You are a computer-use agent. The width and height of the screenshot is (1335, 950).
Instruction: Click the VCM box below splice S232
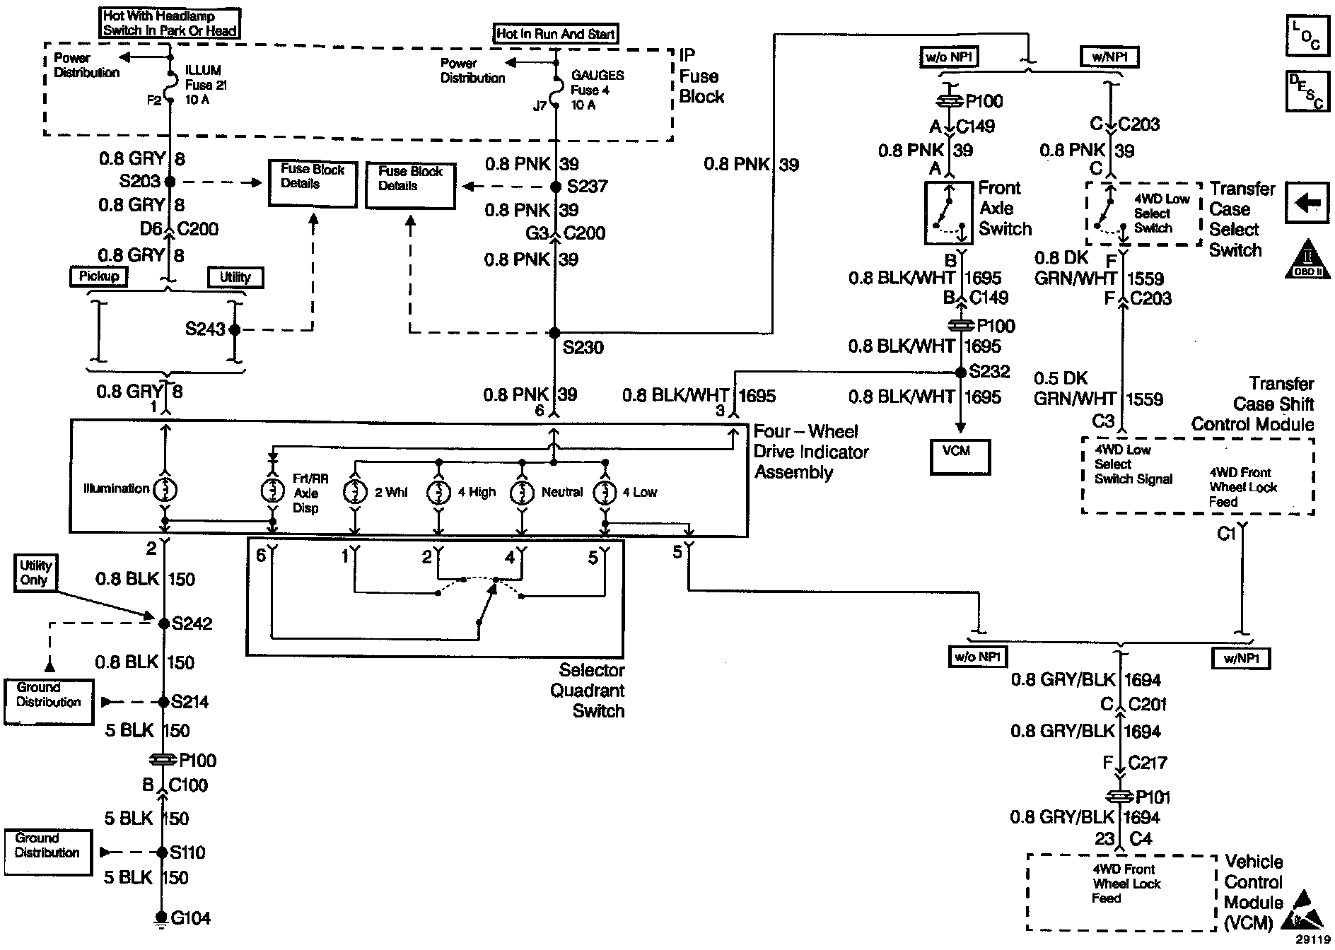[x=960, y=457]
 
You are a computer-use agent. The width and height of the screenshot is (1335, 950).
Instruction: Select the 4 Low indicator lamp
[x=605, y=492]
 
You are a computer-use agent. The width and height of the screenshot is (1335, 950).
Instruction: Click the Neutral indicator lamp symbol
[x=523, y=492]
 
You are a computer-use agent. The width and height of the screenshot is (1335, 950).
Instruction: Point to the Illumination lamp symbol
[x=165, y=488]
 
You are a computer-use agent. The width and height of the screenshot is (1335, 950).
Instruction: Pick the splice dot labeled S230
[x=554, y=332]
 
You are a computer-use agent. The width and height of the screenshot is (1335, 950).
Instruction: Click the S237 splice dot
[x=556, y=187]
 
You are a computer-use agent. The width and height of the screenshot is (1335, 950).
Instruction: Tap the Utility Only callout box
[x=35, y=573]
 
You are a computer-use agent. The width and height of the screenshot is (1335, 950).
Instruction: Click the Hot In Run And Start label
[x=555, y=33]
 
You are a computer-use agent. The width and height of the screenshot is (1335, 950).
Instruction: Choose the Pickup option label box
[x=99, y=276]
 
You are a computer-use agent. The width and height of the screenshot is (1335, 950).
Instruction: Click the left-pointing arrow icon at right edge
[x=1307, y=204]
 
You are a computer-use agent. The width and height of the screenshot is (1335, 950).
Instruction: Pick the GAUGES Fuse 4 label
[x=597, y=90]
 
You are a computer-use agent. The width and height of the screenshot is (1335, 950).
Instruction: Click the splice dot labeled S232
[x=960, y=373]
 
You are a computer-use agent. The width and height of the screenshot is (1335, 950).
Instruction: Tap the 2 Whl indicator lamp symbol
[x=355, y=492]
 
